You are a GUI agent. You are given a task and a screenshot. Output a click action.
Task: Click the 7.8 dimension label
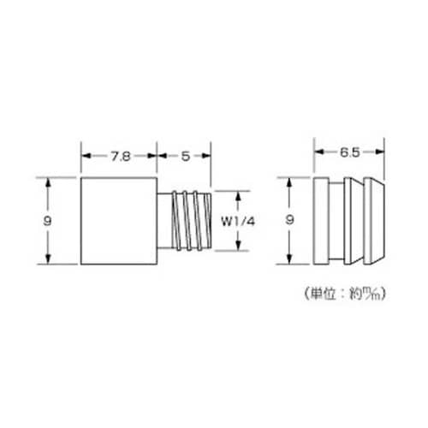point(120,157)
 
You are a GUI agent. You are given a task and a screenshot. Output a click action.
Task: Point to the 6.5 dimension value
point(348,152)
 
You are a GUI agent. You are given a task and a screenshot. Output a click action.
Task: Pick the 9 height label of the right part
point(291,220)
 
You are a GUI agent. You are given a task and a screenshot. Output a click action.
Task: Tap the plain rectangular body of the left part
point(120,221)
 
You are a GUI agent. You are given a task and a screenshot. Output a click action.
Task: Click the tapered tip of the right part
point(370,221)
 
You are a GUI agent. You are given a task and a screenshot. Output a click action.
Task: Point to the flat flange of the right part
point(320,221)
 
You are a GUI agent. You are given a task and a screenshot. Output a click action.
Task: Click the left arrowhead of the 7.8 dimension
point(85,157)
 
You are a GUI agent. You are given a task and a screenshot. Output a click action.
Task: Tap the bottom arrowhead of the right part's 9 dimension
point(291,261)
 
